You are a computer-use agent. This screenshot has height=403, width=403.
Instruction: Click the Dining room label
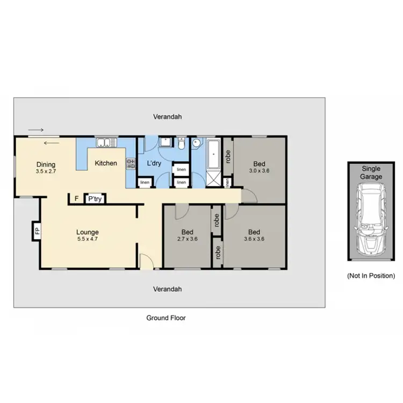45,165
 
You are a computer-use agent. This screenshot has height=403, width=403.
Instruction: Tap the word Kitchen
106,163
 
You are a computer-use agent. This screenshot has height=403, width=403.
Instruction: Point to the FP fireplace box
37,232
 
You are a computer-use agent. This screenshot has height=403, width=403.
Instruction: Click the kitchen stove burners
130,164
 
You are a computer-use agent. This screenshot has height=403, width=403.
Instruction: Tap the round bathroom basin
197,143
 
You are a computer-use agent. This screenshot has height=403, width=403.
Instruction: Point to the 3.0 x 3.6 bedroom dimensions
259,171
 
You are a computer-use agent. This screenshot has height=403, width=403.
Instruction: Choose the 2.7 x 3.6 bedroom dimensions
187,239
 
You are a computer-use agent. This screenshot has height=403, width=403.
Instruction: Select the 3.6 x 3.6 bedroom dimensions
254,239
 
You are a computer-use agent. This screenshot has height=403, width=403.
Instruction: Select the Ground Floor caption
166,318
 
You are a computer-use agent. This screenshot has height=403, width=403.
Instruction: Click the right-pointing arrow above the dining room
36,130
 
